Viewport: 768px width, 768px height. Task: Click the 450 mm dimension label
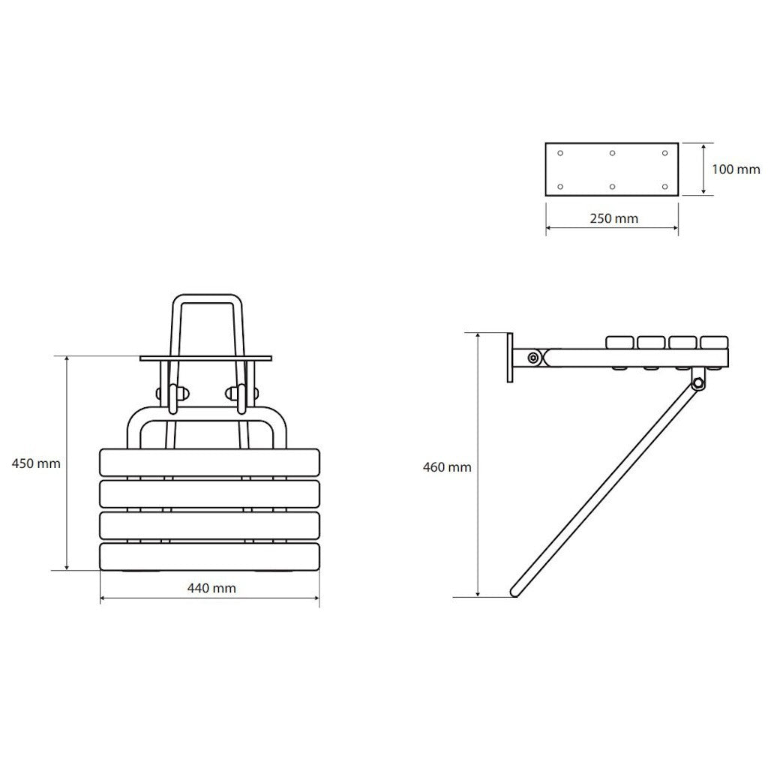coord(36,463)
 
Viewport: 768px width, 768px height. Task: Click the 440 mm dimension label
coord(211,588)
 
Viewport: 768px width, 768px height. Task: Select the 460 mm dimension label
coord(447,467)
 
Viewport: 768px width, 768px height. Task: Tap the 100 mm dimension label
coord(736,169)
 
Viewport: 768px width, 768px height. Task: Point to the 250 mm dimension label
coord(614,218)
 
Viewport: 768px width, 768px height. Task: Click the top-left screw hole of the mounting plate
coord(560,153)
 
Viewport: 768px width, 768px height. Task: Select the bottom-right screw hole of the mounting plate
coord(664,187)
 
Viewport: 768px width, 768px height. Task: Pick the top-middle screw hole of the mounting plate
coord(612,153)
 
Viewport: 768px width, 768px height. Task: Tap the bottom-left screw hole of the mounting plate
coord(560,187)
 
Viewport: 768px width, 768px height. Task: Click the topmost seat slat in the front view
coord(210,462)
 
